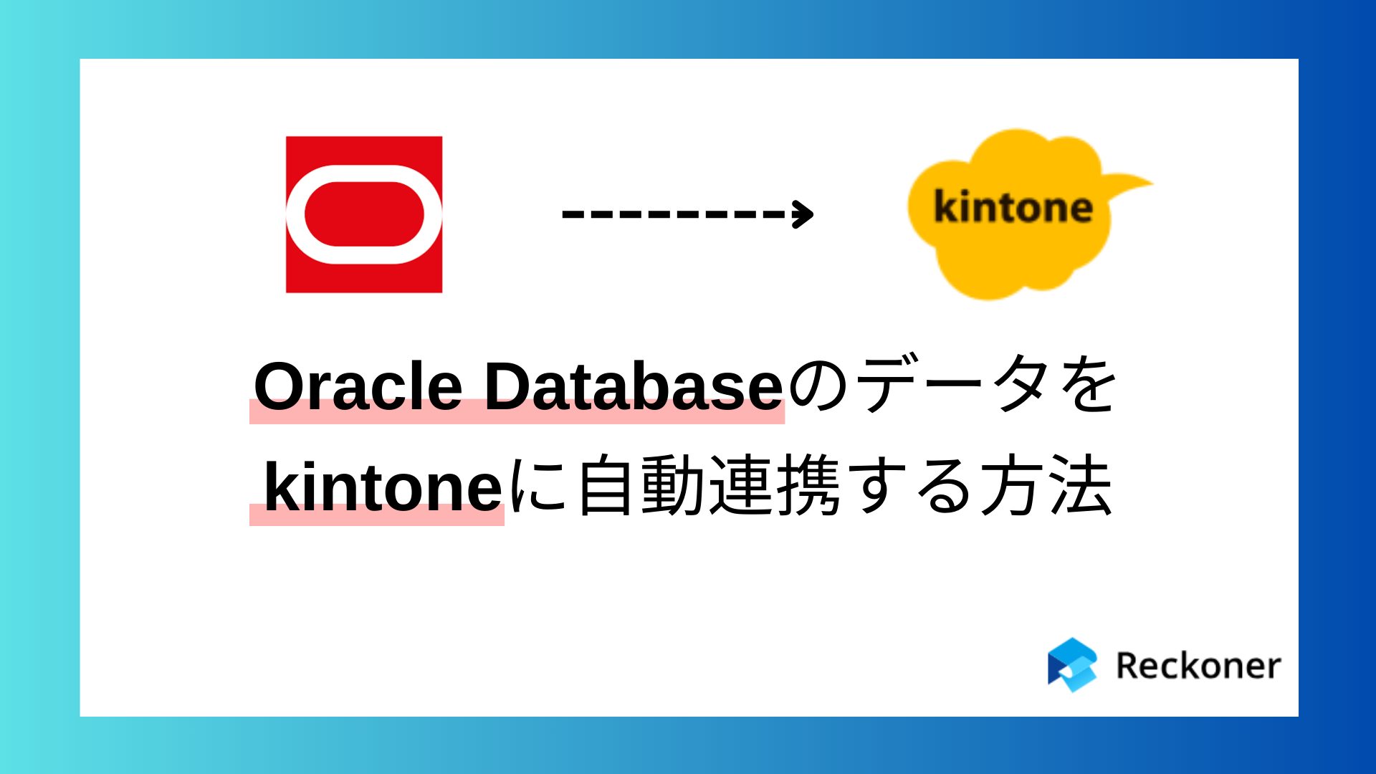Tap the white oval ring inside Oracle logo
click(364, 172)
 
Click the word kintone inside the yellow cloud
click(1013, 208)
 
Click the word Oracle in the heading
click(358, 386)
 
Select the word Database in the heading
click(634, 386)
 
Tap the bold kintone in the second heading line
click(383, 487)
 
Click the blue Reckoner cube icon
click(1072, 664)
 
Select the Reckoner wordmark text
click(1198, 666)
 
